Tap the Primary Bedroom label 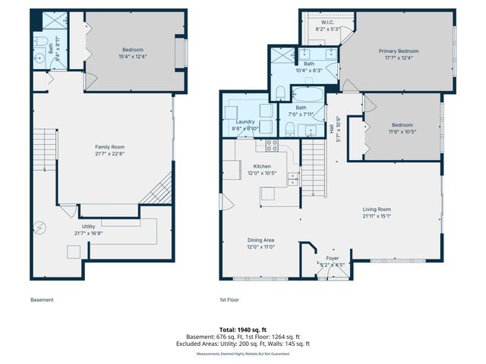399,52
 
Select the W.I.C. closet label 327,23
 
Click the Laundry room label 245,121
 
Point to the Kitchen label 262,166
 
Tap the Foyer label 333,258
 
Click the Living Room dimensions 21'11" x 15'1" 376,215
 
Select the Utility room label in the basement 89,226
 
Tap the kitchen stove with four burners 272,146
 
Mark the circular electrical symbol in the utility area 42,227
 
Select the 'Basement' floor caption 42,300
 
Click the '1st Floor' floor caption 229,300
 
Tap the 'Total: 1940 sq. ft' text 244,328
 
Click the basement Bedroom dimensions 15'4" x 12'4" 132,57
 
